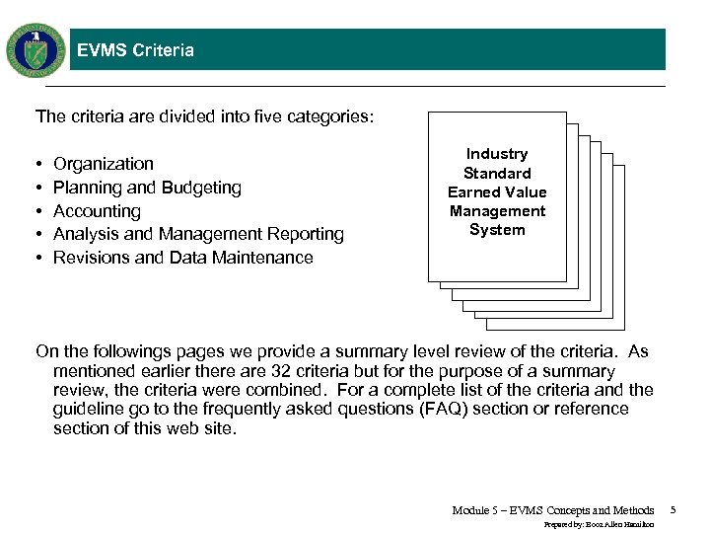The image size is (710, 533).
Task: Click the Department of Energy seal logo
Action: tap(36, 49)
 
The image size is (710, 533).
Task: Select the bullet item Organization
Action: tap(104, 164)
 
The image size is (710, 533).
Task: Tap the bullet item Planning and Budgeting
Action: tap(147, 188)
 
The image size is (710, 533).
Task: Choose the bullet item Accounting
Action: tap(97, 211)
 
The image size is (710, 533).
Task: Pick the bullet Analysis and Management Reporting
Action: tap(198, 234)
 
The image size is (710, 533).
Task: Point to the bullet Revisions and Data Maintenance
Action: tap(182, 258)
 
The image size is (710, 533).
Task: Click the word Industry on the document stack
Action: tap(497, 154)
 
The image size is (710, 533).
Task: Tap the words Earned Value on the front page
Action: tap(497, 192)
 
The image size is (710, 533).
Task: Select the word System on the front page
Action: tap(497, 230)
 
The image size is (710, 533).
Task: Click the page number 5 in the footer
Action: tap(673, 510)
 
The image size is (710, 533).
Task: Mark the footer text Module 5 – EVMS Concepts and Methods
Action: tap(552, 510)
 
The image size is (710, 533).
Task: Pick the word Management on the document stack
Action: tap(497, 211)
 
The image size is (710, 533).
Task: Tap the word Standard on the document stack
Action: tap(497, 173)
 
